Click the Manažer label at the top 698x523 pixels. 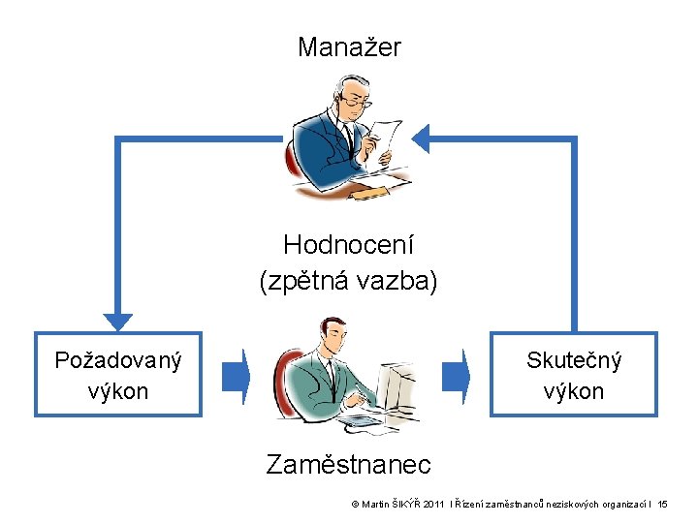tap(349, 46)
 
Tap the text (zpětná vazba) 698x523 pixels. tap(349, 281)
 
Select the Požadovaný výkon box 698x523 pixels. tap(118, 375)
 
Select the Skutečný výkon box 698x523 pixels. tap(574, 375)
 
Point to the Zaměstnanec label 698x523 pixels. tap(349, 465)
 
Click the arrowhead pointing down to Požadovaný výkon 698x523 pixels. tap(118, 319)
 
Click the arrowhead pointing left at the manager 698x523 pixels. tap(420, 138)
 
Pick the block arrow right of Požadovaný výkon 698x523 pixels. tap(236, 375)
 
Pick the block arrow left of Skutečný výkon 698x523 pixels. tap(456, 375)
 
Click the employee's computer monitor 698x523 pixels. tap(400, 383)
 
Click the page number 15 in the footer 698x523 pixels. tap(662, 506)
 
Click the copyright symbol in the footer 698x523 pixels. tap(355, 506)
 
